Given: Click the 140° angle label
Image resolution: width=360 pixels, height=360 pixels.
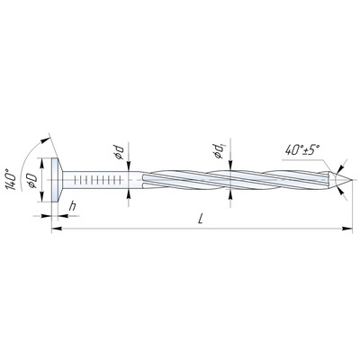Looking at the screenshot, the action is pos(12,180).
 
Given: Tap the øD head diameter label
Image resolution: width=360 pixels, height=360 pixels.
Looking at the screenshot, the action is pos(32,181).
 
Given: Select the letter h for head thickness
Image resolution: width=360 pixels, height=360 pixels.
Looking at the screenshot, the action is pos(72,207).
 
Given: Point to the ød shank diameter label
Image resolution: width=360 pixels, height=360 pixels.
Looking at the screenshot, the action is pos(119,152).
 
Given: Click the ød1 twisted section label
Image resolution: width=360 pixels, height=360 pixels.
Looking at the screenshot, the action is pos(218,150).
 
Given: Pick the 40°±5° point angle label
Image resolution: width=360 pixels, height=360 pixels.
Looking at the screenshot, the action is pos(302,149).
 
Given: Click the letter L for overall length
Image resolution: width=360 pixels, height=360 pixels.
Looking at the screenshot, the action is pos(201,219).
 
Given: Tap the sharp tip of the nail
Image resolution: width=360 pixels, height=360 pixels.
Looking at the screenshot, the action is pos(351,180).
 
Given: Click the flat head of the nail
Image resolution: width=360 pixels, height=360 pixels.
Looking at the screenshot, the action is pos(55,180).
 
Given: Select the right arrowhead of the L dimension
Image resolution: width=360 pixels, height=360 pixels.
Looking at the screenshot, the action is pos(347,229).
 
